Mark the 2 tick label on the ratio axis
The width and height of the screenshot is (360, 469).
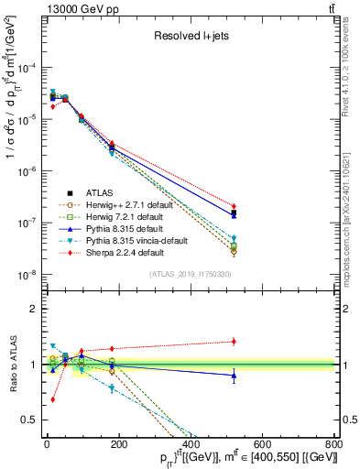pos(34,309)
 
